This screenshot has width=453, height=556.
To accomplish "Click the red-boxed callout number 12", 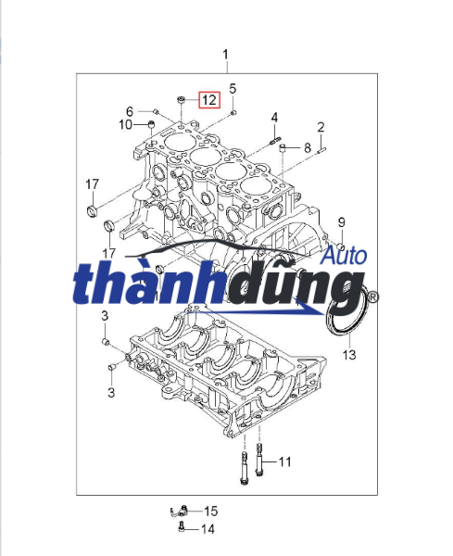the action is (x=209, y=100).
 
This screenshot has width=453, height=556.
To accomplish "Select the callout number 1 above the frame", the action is (x=225, y=55).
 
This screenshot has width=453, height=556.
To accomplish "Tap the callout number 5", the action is (x=233, y=89).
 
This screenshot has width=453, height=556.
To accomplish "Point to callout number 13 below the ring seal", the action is (x=349, y=354).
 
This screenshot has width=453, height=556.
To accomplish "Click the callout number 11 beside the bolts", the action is (x=284, y=461).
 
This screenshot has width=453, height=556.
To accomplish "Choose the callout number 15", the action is (x=210, y=511).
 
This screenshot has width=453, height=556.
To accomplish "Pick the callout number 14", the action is (x=208, y=529).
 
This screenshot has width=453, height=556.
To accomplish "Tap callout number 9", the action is (x=341, y=222).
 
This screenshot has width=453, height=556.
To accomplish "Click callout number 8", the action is (x=308, y=147).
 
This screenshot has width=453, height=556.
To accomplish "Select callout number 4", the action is (x=274, y=118).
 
